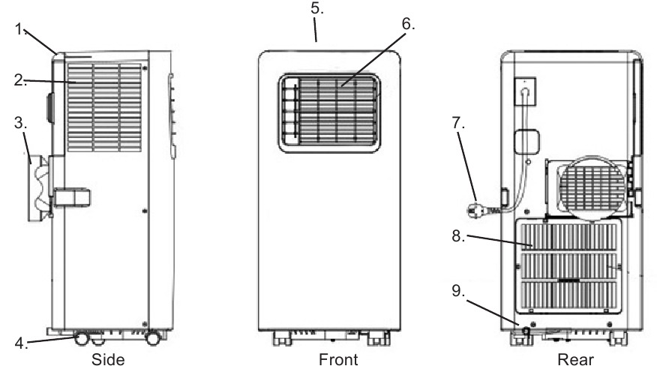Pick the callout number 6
click(407, 25)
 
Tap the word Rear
click(574, 360)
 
